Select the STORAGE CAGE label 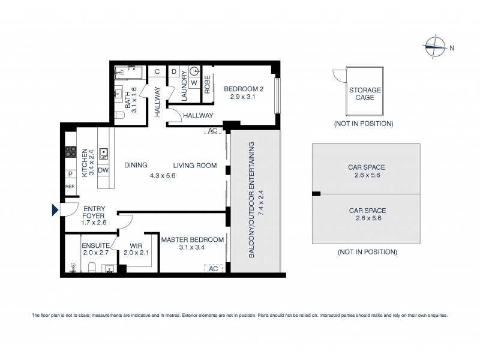point(365,94)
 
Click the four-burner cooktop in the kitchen point(70,152)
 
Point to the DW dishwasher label point(103,170)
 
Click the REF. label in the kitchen point(70,187)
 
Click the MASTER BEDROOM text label point(192,240)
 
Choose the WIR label point(135,245)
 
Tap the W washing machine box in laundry point(194,83)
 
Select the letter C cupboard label point(157,72)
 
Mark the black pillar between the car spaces point(316,193)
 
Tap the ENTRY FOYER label point(94,215)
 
